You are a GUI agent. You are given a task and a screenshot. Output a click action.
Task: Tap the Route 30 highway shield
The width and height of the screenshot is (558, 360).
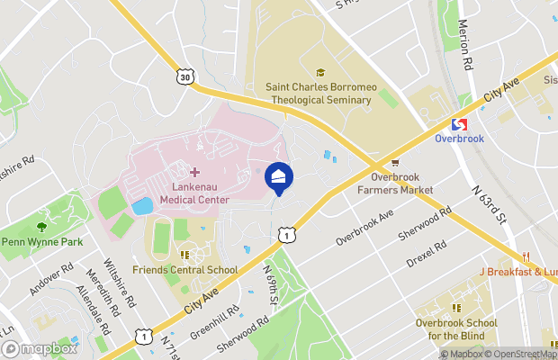pos(185,77)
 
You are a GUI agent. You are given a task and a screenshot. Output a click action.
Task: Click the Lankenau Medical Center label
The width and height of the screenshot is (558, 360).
pos(194,193)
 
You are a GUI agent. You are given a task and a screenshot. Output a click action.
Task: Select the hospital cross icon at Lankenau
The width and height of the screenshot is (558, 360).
pos(194,172)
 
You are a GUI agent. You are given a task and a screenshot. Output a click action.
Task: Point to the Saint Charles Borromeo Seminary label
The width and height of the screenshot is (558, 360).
pos(319,94)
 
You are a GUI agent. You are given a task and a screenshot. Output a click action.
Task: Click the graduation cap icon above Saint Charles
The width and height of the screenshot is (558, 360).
pos(319,73)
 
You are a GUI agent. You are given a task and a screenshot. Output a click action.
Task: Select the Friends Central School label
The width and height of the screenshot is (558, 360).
pos(184,270)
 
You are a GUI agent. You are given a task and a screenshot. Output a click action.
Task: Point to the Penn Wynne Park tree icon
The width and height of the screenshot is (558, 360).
pos(41,226)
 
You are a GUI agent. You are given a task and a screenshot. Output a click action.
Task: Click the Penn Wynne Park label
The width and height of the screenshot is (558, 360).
pos(41,242)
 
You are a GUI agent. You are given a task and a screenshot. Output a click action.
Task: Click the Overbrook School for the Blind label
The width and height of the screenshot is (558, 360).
pos(456,329)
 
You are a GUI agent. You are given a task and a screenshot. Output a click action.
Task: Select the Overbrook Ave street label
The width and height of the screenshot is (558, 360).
pos(364,229)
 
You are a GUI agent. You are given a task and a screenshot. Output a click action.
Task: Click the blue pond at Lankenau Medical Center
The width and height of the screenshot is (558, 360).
pos(141,206)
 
